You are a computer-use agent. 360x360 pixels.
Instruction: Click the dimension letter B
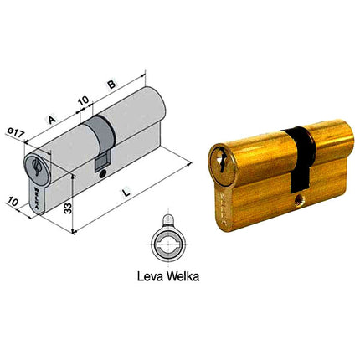(x=111, y=85)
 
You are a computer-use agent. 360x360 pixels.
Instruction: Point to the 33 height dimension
(x=65, y=204)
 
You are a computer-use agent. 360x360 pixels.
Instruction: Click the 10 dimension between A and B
(x=83, y=101)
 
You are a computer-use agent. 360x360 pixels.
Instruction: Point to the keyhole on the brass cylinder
(x=221, y=157)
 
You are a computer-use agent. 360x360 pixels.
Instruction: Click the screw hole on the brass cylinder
(x=300, y=202)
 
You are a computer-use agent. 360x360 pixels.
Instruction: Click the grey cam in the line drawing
(x=98, y=142)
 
